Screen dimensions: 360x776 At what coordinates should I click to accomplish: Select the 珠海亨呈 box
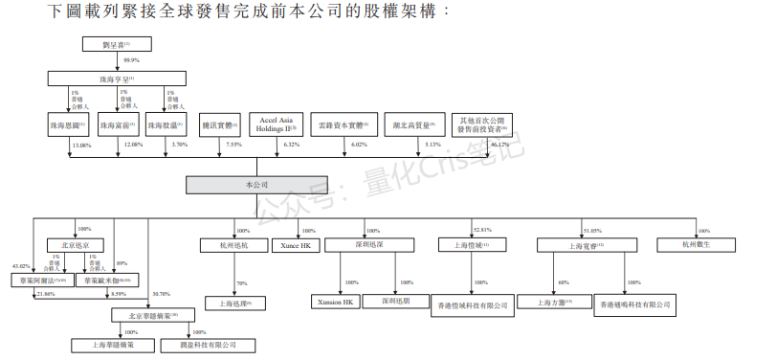pyautogui.click(x=120, y=79)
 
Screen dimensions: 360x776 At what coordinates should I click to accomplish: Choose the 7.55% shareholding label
pyautogui.click(x=233, y=145)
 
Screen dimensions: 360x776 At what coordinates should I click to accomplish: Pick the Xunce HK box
pyautogui.click(x=292, y=246)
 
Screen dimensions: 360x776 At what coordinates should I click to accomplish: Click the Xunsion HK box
pyautogui.click(x=336, y=303)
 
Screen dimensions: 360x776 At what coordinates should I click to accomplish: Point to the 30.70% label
pyautogui.click(x=161, y=294)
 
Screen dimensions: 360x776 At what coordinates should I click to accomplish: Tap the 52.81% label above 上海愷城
pyautogui.click(x=482, y=231)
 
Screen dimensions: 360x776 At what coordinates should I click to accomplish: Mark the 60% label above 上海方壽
pyautogui.click(x=564, y=283)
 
